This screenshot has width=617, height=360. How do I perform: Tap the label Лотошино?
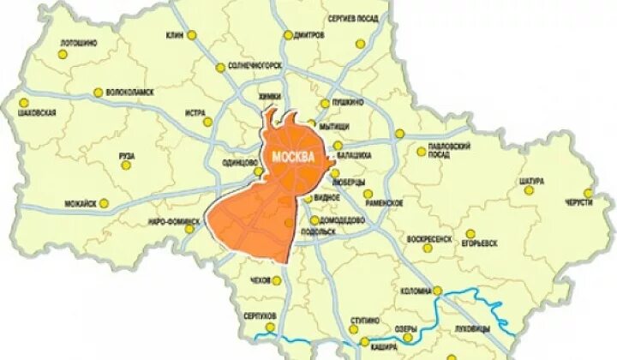click(x=78, y=42)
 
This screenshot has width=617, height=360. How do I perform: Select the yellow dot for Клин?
click(x=192, y=36)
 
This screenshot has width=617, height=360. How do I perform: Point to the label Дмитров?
click(x=308, y=35)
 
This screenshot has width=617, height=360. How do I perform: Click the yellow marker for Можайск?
click(x=104, y=203)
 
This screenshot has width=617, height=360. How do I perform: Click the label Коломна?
click(x=416, y=291)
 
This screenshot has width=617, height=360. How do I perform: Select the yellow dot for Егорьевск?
click(x=470, y=233)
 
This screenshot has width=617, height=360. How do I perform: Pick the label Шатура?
click(x=531, y=180)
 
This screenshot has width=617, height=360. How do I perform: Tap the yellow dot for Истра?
click(x=207, y=122)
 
